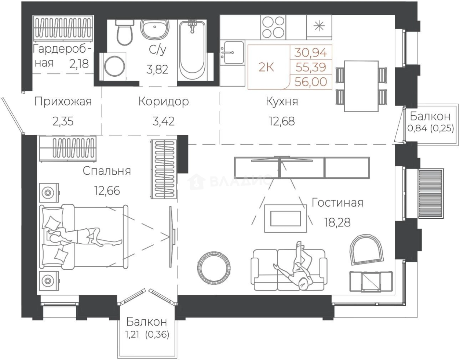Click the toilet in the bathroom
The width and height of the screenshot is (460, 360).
125,32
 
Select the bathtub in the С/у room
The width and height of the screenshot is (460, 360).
192,50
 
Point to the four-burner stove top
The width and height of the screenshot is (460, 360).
273,27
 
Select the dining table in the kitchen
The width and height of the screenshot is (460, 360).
361,86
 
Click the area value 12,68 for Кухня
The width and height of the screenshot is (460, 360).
282,121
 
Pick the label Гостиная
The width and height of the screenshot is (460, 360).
337,203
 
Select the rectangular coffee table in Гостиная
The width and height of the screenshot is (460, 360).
285,218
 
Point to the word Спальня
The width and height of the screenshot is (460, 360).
107,171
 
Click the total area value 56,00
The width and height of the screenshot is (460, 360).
311,82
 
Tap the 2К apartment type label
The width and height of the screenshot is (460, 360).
266,68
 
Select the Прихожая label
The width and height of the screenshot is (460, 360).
63,102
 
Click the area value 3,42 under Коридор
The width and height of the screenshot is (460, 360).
164,121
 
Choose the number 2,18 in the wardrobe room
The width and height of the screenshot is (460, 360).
79,64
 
